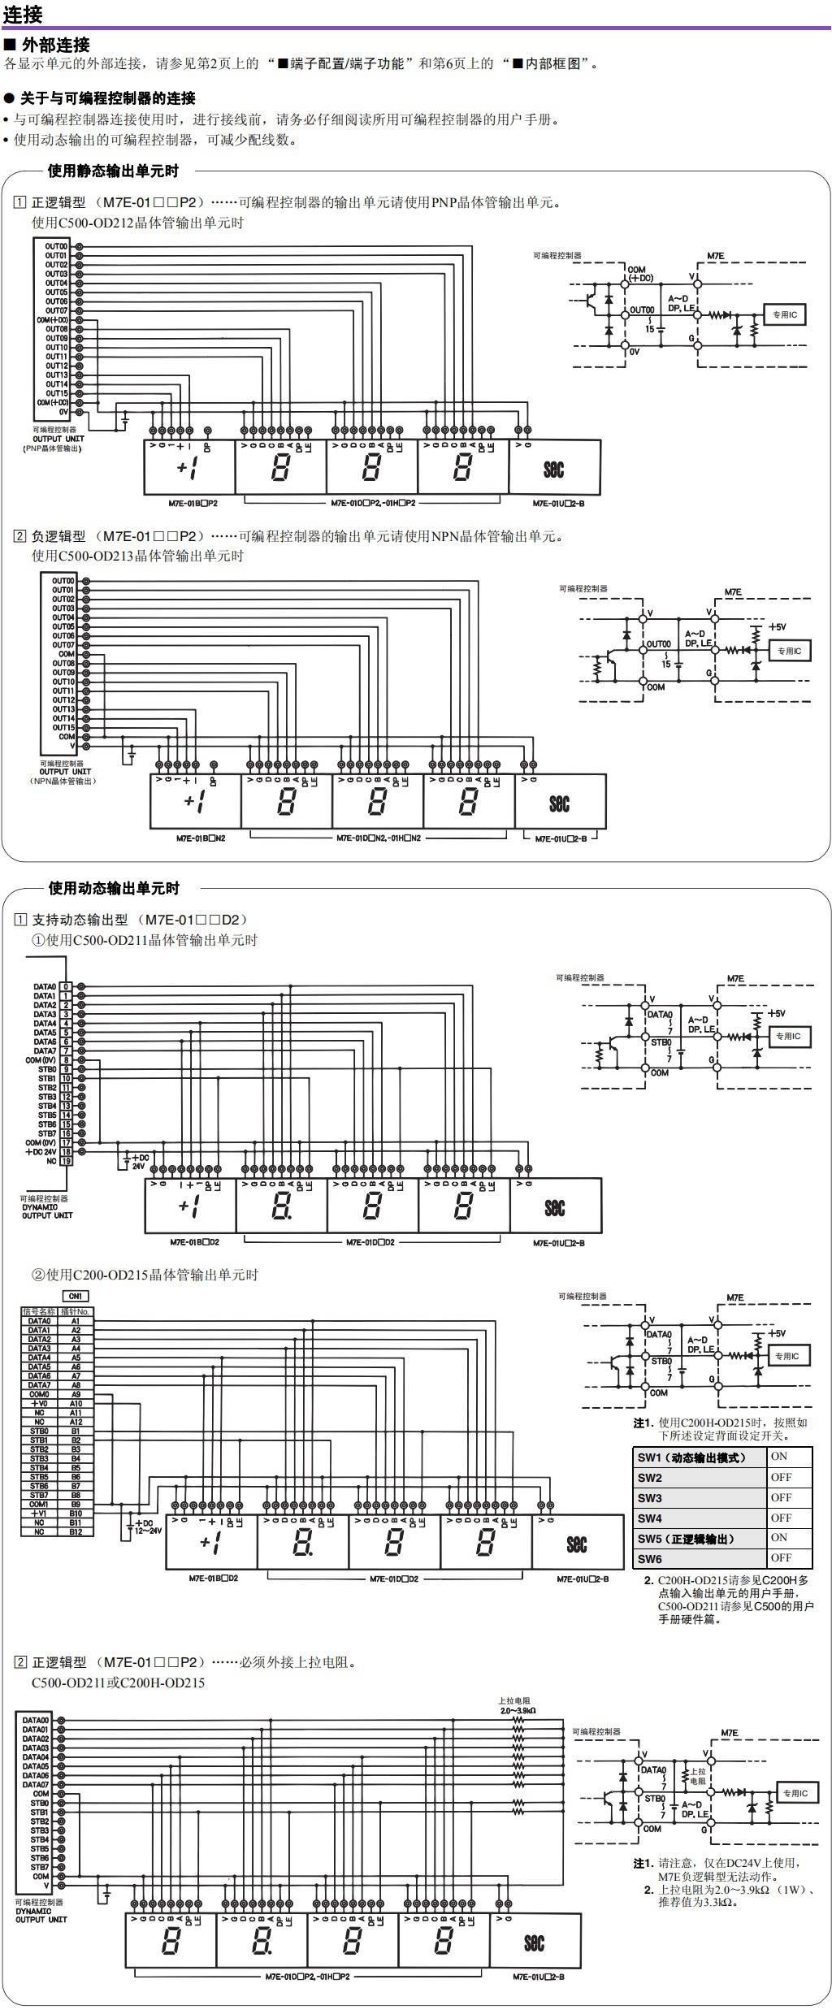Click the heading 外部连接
[x=55, y=45]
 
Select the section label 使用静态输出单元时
[x=113, y=171]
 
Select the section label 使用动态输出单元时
[x=114, y=888]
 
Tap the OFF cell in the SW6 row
[x=781, y=1557]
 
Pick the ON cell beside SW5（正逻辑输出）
[x=779, y=1537]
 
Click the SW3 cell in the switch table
[x=650, y=1497]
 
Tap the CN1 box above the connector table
[x=76, y=1296]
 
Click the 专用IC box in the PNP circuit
[x=784, y=314]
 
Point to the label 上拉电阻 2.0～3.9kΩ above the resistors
[x=517, y=1705]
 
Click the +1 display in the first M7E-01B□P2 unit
[x=188, y=469]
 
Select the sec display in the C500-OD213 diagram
[x=559, y=803]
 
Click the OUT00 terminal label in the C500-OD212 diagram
[x=56, y=246]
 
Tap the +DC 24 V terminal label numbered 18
[x=41, y=1151]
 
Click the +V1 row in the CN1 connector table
[x=39, y=1514]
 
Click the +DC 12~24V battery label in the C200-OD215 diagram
[x=147, y=1526]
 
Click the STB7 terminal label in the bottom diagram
[x=40, y=1890]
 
